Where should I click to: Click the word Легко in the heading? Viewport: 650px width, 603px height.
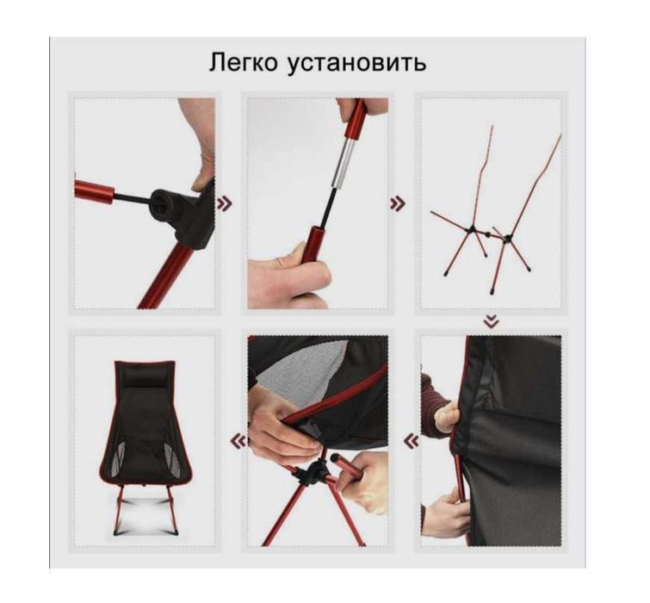coord(243,64)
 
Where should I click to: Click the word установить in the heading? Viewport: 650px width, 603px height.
coord(357,64)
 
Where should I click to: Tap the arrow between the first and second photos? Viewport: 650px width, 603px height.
coord(224,203)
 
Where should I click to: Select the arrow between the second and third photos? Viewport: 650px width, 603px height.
coord(398,203)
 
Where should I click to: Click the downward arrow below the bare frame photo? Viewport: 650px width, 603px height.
coord(492,320)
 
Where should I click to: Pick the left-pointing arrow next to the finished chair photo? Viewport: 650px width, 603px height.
coord(238,441)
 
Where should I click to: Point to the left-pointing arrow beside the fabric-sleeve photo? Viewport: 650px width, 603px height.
coord(412,441)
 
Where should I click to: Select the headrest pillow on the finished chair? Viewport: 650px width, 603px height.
coord(145,380)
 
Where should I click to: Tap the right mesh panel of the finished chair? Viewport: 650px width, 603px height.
coord(174,458)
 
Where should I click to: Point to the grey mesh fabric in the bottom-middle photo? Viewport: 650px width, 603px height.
coord(305,367)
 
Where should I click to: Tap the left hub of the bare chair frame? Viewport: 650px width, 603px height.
coord(472,228)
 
